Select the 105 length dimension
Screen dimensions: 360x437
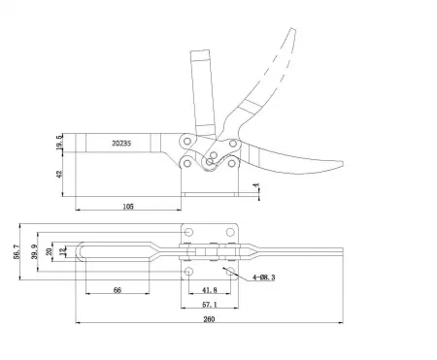pos(127,207)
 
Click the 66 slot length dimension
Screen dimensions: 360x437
pos(117,289)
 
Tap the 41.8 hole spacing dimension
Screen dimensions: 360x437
pos(208,289)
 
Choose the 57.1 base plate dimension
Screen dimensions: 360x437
pos(208,304)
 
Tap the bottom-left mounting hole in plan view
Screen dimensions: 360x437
pos(188,273)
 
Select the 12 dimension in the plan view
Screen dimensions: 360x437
pos(64,254)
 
